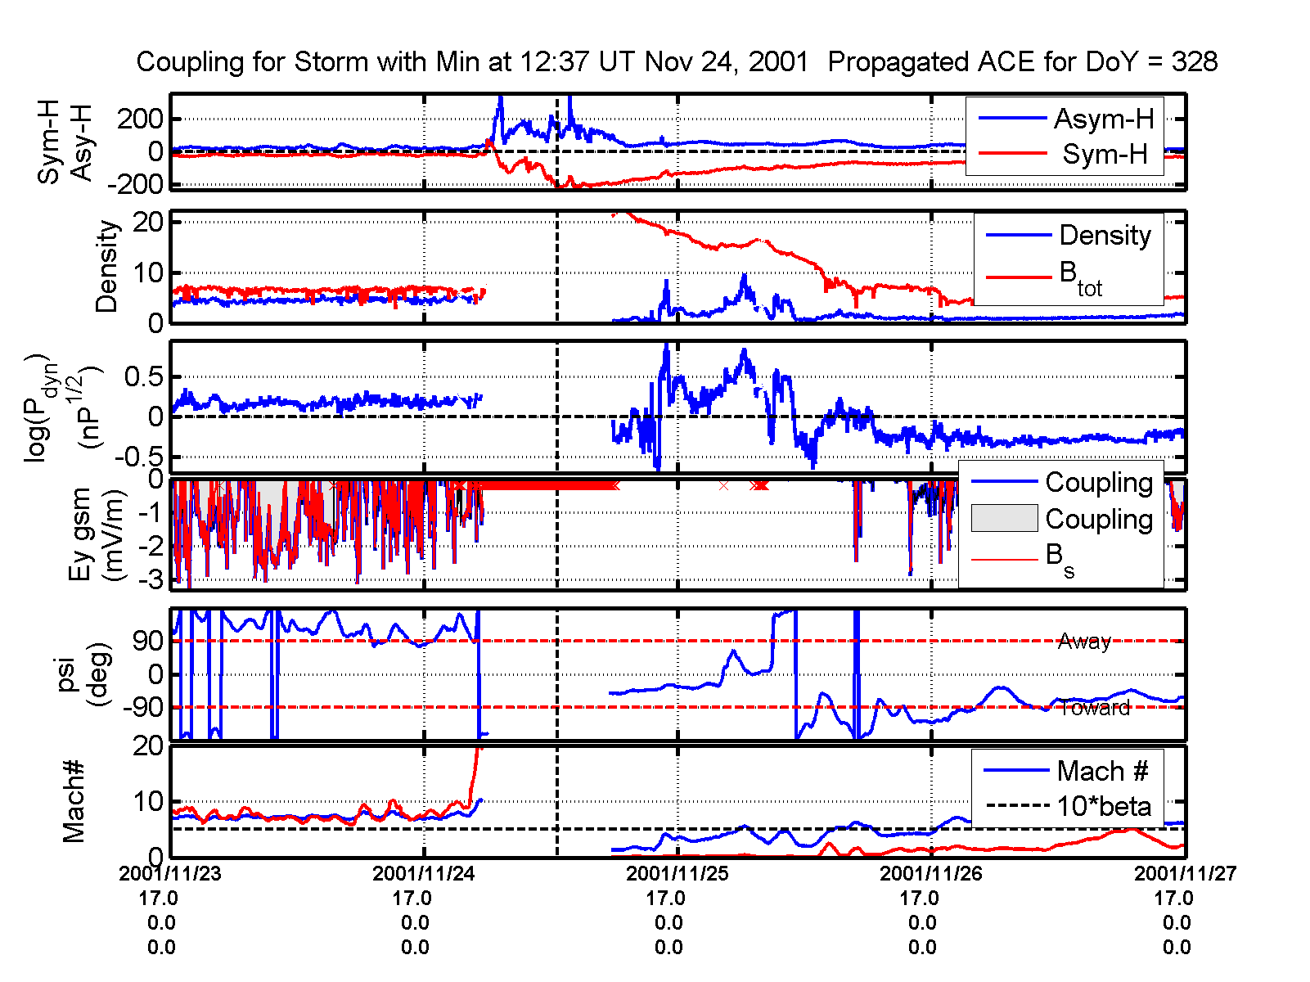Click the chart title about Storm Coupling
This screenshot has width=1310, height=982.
677,62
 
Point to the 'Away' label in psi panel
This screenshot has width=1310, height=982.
1084,642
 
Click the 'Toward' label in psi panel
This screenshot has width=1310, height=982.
1094,709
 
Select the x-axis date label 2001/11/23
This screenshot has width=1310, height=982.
170,873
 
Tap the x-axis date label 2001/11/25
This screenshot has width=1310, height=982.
678,873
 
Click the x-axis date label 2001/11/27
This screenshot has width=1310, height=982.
1185,873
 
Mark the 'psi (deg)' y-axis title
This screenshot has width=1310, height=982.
84,675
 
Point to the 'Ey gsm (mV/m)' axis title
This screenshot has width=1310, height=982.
97,534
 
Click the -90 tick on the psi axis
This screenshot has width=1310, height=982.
143,708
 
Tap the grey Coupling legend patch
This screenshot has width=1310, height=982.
1004,519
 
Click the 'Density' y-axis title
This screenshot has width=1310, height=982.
107,267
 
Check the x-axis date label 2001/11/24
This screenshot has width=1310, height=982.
424,873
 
